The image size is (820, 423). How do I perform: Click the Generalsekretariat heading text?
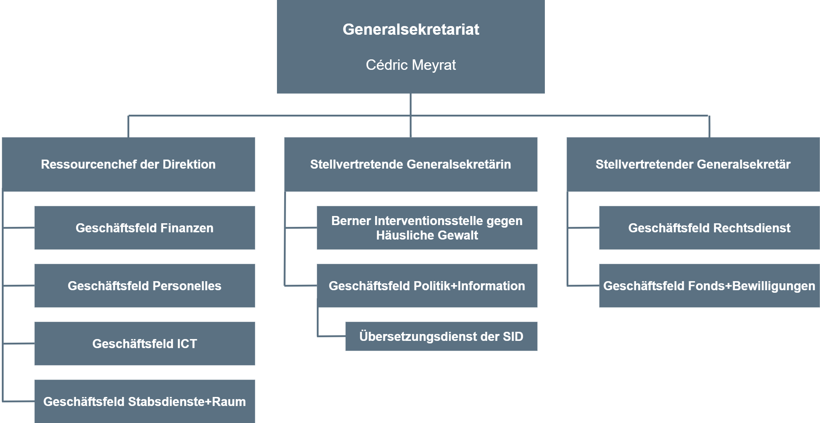411,29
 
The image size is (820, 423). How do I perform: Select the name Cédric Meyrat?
411,65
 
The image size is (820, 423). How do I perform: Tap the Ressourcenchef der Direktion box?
129,164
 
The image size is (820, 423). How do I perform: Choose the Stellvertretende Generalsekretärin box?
411,164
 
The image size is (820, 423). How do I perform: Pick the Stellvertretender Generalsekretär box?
693,164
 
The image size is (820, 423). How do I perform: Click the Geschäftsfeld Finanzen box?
145,228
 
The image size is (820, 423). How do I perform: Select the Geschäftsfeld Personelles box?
145,286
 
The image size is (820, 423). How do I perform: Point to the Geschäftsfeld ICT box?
145,344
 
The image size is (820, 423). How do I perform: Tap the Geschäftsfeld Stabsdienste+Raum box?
145,401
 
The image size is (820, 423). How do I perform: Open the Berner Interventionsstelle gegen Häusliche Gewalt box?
427,228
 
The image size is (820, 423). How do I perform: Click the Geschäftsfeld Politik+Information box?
427,286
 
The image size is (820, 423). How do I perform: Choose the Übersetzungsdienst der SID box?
441,337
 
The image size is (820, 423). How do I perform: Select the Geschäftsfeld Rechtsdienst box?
710,228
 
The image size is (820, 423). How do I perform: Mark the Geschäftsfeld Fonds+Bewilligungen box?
710,286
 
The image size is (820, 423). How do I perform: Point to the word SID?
513,337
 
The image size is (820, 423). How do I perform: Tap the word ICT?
187,344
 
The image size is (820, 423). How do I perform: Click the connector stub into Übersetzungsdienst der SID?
332,337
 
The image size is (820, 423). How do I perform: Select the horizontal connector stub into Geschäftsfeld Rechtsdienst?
583,228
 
